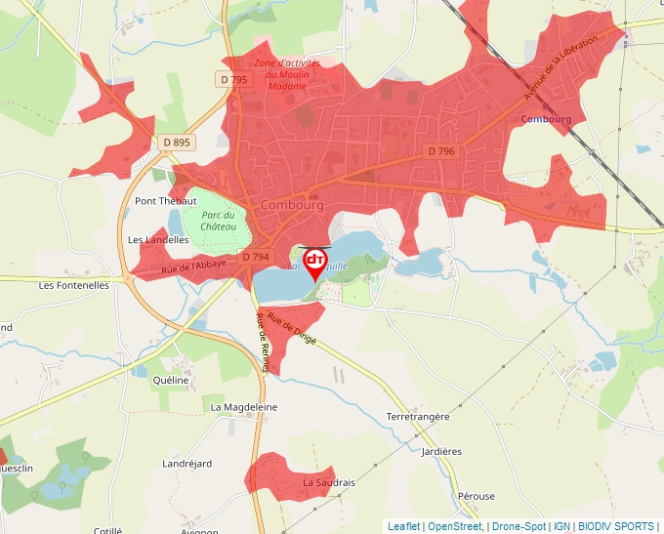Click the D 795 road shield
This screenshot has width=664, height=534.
pos(234,79)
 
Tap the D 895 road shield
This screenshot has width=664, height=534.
pos(178,143)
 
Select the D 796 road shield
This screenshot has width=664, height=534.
pos(441,151)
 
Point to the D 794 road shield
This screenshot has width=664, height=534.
pos(254,257)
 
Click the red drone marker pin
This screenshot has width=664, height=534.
pos(315,262)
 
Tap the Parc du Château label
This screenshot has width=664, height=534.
pos(219,221)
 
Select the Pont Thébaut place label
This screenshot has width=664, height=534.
pos(165,201)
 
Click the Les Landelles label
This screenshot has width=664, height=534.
pos(157,239)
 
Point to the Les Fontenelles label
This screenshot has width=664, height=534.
pos(73,286)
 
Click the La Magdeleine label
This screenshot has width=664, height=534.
pos(244,407)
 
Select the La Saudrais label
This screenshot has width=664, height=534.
pos(328,482)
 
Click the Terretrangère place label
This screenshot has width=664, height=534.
pos(418,416)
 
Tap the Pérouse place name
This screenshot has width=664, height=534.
pos(477,496)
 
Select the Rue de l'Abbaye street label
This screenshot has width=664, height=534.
pos(193,264)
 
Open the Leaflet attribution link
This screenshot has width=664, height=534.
pos(403,526)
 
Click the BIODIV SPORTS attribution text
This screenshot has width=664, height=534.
pos(616,526)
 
